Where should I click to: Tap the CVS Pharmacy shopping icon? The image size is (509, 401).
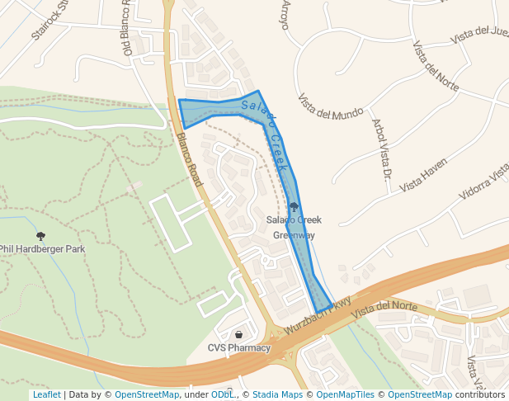(239, 335)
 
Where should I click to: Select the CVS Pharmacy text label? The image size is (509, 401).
(239, 347)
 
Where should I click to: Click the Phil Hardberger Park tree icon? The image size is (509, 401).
(41, 236)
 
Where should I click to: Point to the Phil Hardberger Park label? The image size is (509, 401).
(42, 248)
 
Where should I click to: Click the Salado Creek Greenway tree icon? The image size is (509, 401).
(294, 206)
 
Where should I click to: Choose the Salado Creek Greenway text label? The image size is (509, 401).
(294, 227)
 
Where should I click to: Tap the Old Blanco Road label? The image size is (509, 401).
(128, 29)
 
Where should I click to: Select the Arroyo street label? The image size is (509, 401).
(285, 15)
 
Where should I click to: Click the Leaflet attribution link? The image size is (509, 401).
(47, 395)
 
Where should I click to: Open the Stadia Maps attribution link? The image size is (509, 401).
(277, 395)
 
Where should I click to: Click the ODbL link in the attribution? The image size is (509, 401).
(223, 395)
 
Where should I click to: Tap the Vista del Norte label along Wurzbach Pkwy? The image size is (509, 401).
(384, 308)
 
